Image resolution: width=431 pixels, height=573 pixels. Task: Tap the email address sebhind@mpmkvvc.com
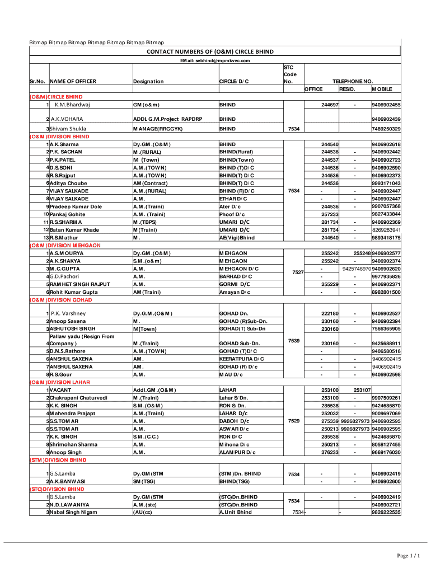tap(214, 60)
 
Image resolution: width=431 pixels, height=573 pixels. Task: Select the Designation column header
tap(148, 82)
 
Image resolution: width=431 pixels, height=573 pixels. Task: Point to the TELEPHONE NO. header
tap(353, 82)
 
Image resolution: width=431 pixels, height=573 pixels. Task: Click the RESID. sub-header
tap(347, 90)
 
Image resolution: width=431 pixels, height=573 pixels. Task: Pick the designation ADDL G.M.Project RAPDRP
tap(167, 119)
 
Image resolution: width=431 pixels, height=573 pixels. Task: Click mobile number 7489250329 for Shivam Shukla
tap(386, 129)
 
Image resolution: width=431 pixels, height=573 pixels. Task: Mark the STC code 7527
tap(298, 273)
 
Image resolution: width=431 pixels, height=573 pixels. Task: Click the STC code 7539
tap(293, 340)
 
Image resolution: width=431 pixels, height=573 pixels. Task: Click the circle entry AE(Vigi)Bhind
tap(237, 238)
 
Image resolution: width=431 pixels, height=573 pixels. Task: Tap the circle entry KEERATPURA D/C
tap(242, 359)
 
